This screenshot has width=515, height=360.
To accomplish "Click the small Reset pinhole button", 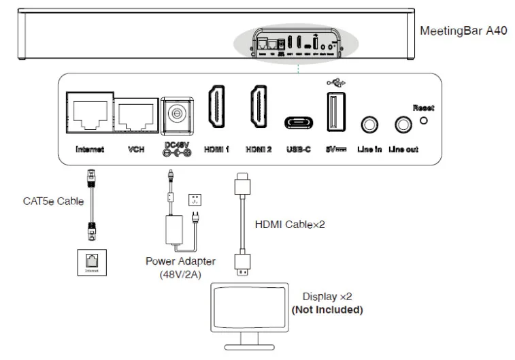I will [x=425, y=121].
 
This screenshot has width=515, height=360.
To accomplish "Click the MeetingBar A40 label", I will [x=463, y=31].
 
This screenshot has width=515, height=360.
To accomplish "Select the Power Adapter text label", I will [x=180, y=261].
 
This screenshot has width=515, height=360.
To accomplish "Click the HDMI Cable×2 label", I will [x=289, y=224].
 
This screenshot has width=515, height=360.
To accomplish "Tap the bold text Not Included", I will [x=327, y=310].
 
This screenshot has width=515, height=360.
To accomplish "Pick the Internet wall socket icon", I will [x=91, y=261].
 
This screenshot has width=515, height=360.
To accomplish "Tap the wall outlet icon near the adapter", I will [x=197, y=201].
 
